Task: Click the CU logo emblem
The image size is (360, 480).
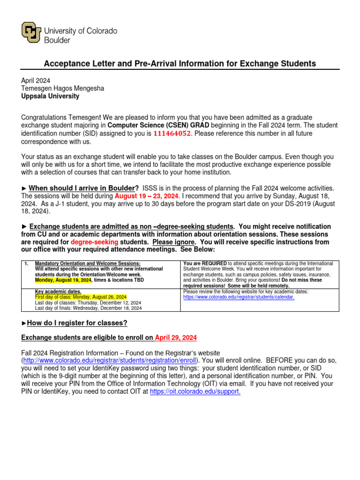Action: (x=31, y=32)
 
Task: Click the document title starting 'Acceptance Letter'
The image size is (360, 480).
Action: (x=180, y=64)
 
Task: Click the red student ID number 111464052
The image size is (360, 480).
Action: (x=172, y=134)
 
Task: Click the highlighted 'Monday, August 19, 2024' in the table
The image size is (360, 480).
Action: (x=63, y=280)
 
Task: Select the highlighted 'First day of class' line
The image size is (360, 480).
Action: (x=81, y=297)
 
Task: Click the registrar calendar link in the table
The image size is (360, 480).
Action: (x=239, y=297)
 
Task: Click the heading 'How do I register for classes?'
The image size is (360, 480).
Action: (x=77, y=323)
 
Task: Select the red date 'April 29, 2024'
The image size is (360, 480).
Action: (x=176, y=337)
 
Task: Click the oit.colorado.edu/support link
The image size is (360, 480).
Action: (x=195, y=391)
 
